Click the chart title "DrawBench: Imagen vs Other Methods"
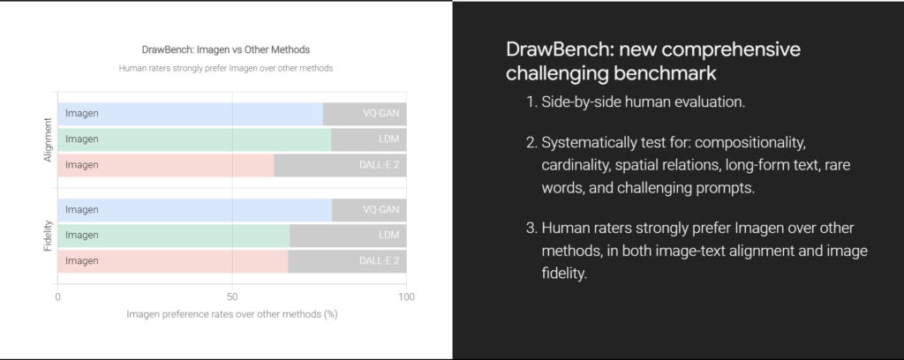[x=226, y=49]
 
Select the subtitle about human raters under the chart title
[x=226, y=68]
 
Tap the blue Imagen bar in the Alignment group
[x=191, y=114]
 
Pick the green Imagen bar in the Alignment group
[x=194, y=139]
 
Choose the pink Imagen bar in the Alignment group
[x=165, y=165]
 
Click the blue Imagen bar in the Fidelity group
[x=195, y=210]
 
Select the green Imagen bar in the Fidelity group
[x=174, y=235]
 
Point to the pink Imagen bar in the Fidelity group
[x=172, y=261]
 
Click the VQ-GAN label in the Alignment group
[x=380, y=114]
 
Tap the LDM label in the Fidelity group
[x=388, y=235]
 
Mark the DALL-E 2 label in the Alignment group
[x=379, y=165]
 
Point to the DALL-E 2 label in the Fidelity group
[x=379, y=261]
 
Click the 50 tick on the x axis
[x=232, y=297]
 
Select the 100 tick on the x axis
[x=406, y=297]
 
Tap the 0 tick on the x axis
[x=57, y=297]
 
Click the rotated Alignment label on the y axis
[x=48, y=139]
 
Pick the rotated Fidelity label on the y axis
[x=48, y=236]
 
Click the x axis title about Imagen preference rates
[x=232, y=314]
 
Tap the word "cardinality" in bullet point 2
[x=574, y=165]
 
